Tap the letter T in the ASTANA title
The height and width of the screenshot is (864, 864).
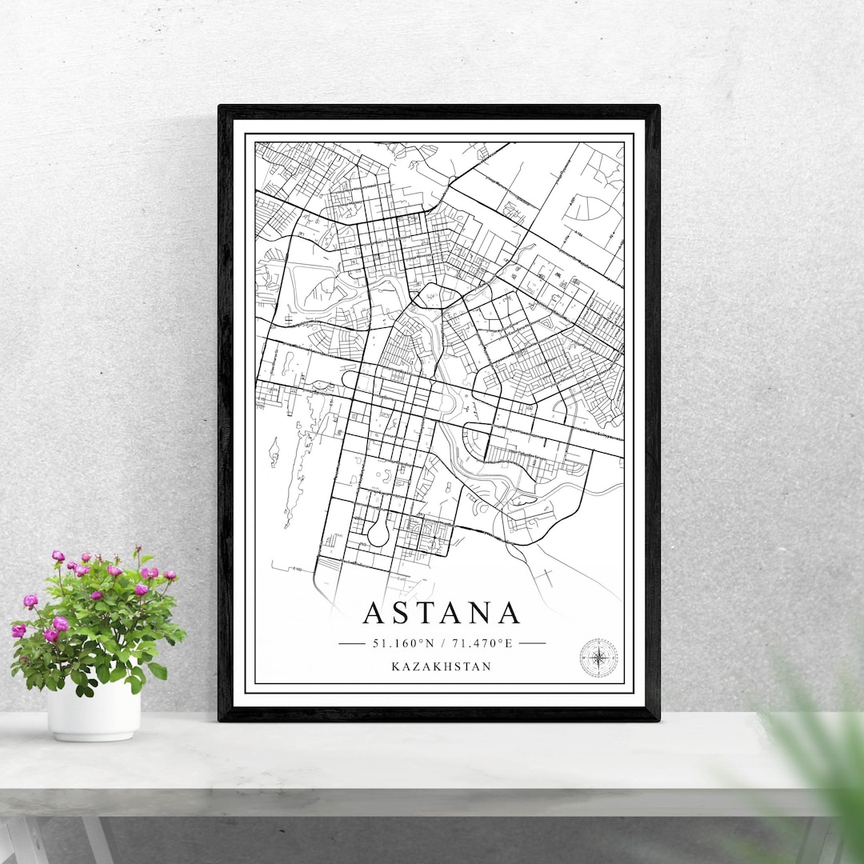[x=436, y=614]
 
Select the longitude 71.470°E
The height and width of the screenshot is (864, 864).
[x=482, y=642]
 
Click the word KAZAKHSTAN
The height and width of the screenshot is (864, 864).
[x=441, y=666]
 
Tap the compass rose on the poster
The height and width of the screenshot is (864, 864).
[x=598, y=658]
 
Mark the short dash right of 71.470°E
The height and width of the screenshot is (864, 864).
[x=532, y=642]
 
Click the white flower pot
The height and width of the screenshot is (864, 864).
[x=94, y=710]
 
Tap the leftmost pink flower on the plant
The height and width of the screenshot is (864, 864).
[x=18, y=630]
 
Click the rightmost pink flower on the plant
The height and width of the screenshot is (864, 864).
[x=170, y=574]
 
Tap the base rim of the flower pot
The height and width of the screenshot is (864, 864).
[x=94, y=736]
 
